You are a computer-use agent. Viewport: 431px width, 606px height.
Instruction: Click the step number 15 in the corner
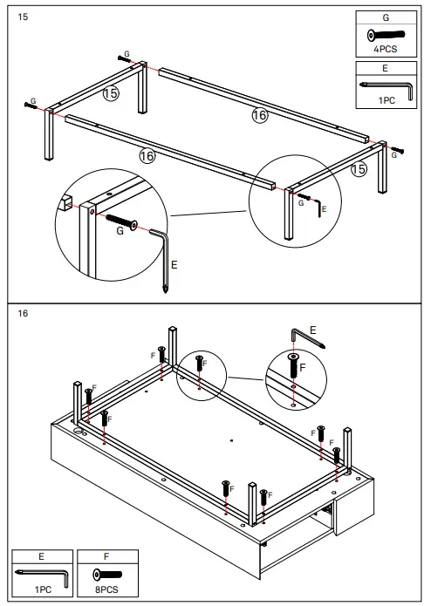coord(23,16)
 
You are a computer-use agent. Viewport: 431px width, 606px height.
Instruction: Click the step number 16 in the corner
coord(23,313)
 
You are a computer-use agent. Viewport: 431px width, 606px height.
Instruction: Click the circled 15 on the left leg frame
coord(110,92)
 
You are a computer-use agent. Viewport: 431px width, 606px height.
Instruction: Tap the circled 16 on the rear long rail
coord(259,115)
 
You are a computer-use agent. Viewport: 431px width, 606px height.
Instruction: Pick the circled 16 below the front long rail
coord(147,155)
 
